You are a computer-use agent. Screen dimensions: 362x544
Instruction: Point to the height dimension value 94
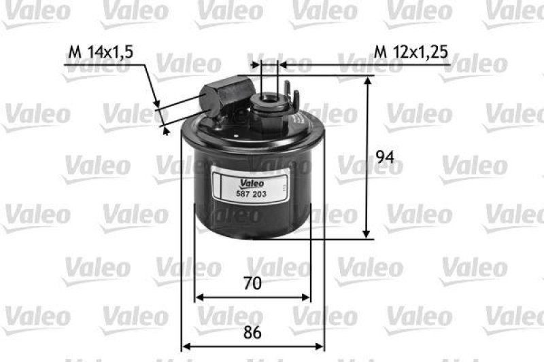pos(385,158)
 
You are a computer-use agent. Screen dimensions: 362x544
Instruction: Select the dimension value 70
pos(252,283)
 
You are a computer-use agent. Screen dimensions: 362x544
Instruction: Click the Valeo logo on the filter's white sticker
pos(250,182)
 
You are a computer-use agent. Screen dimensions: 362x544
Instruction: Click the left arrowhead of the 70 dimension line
pos(199,297)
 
